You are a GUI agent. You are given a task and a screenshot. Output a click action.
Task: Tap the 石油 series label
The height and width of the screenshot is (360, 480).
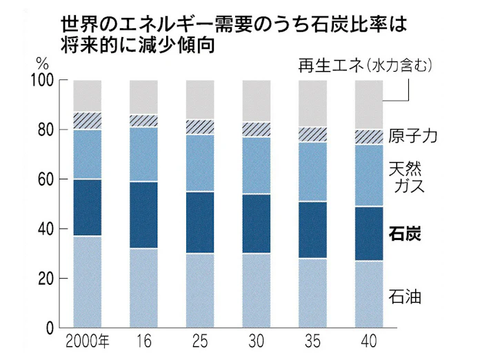point(405,298)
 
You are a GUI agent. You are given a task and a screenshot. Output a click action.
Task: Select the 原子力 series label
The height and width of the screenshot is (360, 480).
point(413,135)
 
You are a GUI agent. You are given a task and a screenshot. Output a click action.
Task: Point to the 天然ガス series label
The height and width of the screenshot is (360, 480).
point(410,177)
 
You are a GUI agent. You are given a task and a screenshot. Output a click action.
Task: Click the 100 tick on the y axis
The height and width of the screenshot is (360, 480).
point(43,81)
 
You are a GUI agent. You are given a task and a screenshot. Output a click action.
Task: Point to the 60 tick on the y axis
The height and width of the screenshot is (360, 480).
point(46,179)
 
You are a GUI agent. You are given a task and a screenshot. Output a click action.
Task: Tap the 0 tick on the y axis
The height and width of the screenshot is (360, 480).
point(50,328)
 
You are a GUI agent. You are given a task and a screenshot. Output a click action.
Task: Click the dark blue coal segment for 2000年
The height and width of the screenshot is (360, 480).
point(87,208)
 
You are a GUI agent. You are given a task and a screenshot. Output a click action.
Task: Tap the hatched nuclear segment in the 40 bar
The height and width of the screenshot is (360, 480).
point(368,137)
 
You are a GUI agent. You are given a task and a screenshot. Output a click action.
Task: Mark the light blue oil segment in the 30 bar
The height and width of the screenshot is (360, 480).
point(256,290)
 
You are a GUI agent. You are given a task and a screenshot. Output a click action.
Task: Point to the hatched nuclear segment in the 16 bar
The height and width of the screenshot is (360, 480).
point(143,121)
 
